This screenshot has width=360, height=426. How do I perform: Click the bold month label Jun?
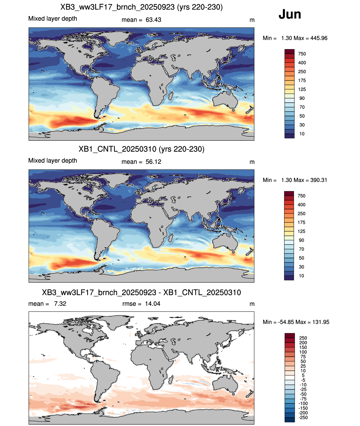pyautogui.click(x=290, y=14)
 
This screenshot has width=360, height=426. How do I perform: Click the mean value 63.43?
pyautogui.click(x=153, y=20)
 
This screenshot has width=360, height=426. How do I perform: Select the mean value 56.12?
pyautogui.click(x=153, y=162)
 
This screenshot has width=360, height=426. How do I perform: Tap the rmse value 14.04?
pyautogui.click(x=152, y=304)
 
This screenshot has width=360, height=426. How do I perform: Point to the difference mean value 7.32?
pyautogui.click(x=60, y=304)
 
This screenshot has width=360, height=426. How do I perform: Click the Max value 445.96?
pyautogui.click(x=319, y=38)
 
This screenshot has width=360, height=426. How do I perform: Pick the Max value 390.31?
pyautogui.click(x=319, y=180)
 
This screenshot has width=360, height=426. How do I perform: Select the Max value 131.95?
pyautogui.click(x=321, y=322)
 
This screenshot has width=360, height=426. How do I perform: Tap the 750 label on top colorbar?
pyautogui.click(x=302, y=54)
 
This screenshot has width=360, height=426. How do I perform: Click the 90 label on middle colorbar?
pyautogui.click(x=301, y=240)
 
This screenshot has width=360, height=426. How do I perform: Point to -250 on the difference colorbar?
pyautogui.click(x=303, y=418)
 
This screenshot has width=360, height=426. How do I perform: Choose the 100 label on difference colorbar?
pyautogui.click(x=303, y=352)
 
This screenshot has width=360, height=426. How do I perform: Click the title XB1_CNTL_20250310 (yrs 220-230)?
pyautogui.click(x=141, y=149)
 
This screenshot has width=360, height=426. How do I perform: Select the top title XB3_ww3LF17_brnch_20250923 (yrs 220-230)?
pyautogui.click(x=141, y=7)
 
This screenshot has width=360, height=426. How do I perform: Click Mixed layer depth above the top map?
pyautogui.click(x=52, y=19)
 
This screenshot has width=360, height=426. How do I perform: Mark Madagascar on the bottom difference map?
pyautogui.click(x=171, y=380)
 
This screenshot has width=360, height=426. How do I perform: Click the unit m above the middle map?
pyautogui.click(x=252, y=162)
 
